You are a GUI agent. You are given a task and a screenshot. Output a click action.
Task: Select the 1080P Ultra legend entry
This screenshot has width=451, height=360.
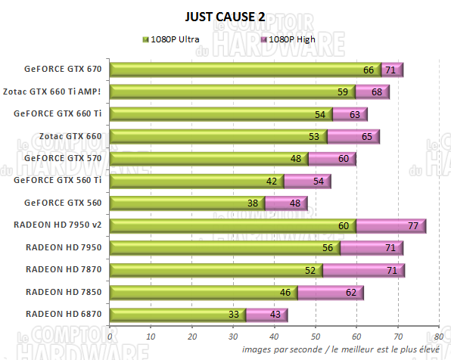coord(173,38)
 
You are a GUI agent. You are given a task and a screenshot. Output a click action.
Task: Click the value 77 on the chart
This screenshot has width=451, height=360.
coord(412,225)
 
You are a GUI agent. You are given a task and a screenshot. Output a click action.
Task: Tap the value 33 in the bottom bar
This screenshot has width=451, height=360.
coord(234,314)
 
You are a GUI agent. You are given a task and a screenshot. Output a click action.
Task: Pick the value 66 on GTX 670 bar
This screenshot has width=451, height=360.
coord(369,70)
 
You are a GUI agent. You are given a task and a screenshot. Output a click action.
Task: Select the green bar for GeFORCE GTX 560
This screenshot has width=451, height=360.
coord(185,203)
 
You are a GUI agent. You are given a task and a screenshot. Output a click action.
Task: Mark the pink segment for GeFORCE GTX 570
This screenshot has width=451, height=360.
coord(331,159)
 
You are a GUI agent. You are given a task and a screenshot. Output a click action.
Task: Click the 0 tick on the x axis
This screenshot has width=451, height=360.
coord(110,336)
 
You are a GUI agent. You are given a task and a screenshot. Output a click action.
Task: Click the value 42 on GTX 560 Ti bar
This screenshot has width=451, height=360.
coord(271,181)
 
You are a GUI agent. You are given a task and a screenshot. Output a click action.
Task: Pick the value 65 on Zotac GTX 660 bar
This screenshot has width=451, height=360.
coord(366,137)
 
